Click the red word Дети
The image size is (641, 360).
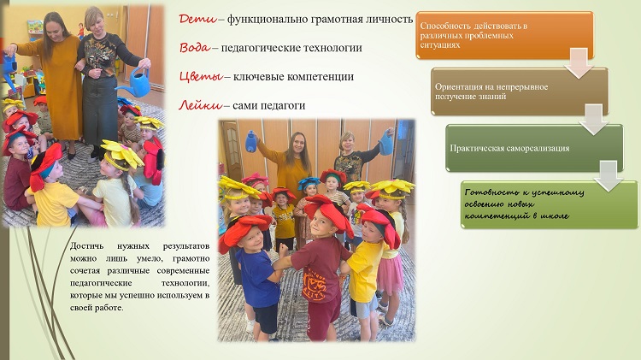[x=198, y=19]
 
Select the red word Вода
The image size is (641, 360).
[x=195, y=47]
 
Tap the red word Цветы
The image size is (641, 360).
[x=201, y=77]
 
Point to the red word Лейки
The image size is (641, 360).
[x=201, y=105]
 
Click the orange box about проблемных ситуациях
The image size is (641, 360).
[x=505, y=35]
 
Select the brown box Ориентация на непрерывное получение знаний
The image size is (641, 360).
[x=520, y=91]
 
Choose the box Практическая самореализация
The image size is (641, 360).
[x=534, y=148]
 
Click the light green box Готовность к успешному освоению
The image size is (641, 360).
[x=549, y=204]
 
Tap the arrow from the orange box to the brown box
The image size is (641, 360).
[x=579, y=63]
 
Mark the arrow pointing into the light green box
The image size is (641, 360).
[x=609, y=176]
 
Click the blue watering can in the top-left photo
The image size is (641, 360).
[x=135, y=82]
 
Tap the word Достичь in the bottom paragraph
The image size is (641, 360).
[x=86, y=246]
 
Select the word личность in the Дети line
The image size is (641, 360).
[x=389, y=19]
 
